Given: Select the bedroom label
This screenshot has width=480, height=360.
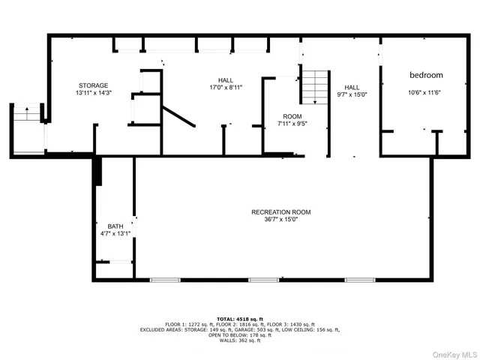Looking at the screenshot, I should coord(425,75).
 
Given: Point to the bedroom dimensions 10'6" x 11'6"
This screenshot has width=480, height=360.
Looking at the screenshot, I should coord(425,93).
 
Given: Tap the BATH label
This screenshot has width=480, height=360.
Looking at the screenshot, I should coord(115,226).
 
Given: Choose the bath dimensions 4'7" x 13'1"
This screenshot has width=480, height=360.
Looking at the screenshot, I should coord(115,233).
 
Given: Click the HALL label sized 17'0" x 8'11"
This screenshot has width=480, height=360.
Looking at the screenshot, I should coord(225,80).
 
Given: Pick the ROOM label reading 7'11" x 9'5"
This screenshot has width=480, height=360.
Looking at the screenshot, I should coord(292,116).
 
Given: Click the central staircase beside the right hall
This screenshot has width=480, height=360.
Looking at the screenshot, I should coord(314,87).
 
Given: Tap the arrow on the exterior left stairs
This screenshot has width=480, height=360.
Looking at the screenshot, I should coord(28,113).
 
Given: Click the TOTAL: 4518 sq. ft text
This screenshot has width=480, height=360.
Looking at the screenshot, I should coord(239,318).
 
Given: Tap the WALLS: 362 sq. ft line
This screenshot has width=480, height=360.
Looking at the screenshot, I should coord(239,341).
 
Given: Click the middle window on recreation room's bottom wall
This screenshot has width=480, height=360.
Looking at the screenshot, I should coord(263,280).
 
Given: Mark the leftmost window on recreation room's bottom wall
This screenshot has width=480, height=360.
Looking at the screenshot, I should coord(165,280).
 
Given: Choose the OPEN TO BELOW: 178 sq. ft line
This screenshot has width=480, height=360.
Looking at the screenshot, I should coord(239,335).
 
